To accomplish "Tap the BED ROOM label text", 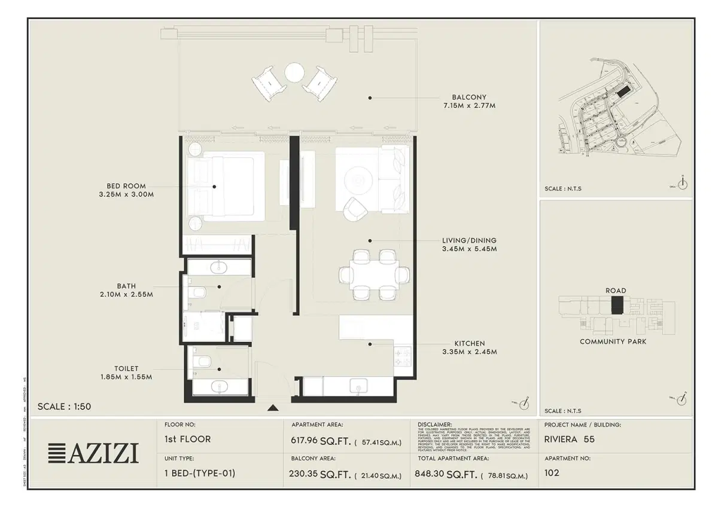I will click(x=126, y=186).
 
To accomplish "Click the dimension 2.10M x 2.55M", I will click(x=126, y=295).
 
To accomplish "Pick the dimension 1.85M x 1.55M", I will click(x=126, y=377).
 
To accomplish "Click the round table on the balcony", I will click(x=294, y=73).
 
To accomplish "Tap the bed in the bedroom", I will click(x=226, y=186).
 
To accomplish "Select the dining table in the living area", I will click(x=375, y=275).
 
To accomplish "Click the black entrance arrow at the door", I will click(x=273, y=408).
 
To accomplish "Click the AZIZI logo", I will click(x=93, y=454).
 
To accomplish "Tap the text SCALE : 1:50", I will click(x=64, y=407).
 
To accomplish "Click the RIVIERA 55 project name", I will click(x=569, y=439).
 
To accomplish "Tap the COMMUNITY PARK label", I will click(x=613, y=341).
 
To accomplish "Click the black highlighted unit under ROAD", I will click(x=617, y=304).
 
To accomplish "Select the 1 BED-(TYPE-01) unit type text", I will click(x=199, y=473).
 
